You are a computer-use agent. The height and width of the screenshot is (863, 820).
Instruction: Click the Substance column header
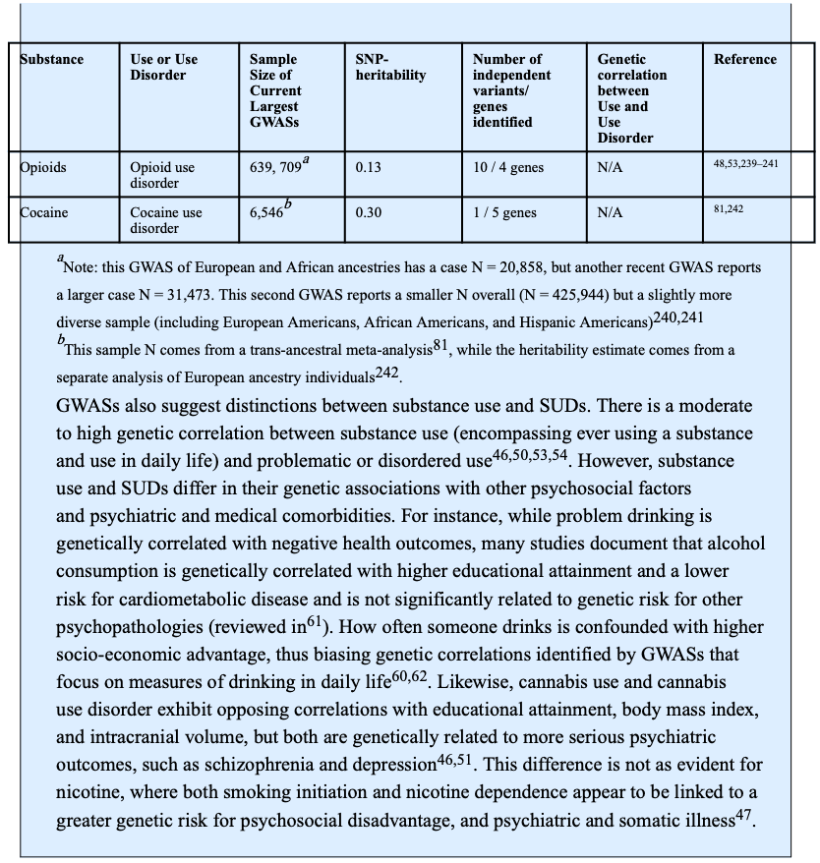point(52,60)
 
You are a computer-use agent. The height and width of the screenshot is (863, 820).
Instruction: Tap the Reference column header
point(744,60)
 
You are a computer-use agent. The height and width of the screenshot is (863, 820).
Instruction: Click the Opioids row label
point(43,168)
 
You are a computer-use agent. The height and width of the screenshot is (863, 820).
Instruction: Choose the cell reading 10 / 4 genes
point(507,168)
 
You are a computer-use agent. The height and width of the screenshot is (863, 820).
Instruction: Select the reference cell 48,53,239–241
point(745,164)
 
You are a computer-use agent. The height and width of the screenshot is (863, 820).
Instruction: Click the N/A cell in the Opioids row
point(610,168)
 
